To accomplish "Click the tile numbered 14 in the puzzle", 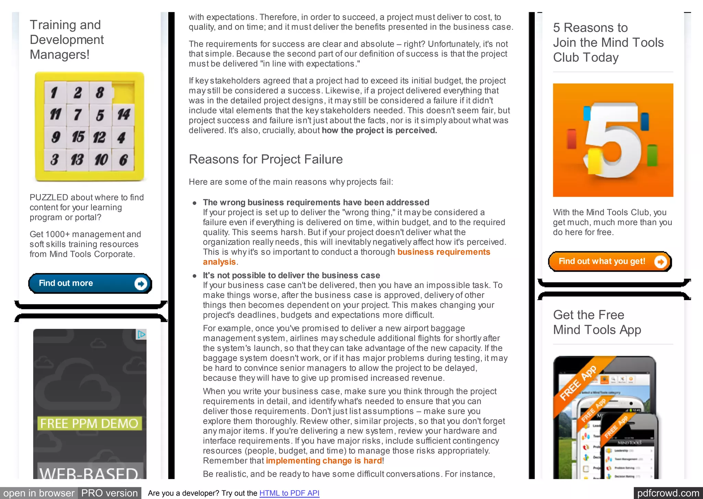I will [123, 114].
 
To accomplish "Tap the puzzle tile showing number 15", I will [78, 137].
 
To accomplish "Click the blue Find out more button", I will [90, 283].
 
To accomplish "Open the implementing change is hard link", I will [324, 461].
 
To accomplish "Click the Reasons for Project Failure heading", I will [266, 159].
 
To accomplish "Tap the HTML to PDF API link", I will [289, 493].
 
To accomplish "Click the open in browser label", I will [39, 493].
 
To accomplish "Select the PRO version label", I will [109, 493].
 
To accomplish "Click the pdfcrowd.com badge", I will [668, 493].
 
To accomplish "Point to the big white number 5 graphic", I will [613, 141].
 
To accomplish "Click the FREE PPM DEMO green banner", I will [89, 423].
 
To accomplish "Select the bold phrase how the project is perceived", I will [379, 131].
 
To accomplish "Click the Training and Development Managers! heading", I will [67, 39].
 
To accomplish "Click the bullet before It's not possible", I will [195, 276].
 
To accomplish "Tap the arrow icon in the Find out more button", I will [140, 284].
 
